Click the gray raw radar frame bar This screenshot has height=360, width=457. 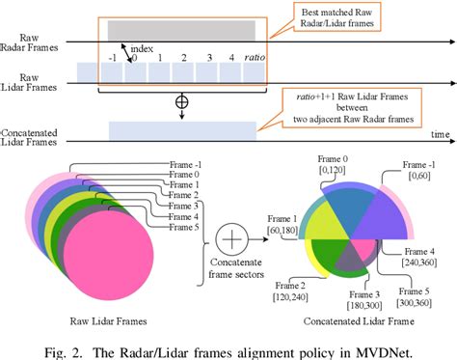click(181, 30)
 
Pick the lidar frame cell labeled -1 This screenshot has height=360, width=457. click(114, 70)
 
